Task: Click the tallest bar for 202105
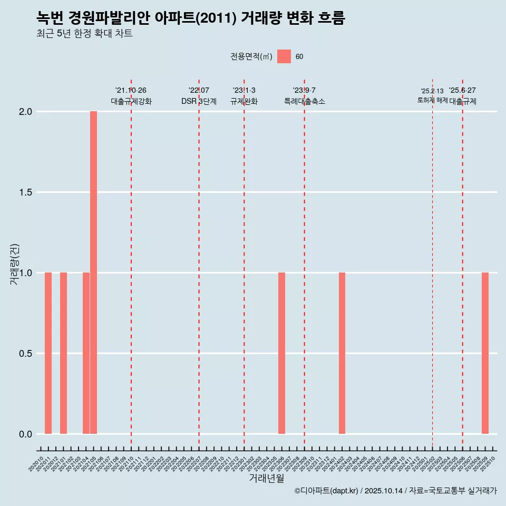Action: (93, 273)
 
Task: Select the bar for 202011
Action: (48, 353)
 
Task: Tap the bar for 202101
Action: (63, 353)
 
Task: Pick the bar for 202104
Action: (86, 353)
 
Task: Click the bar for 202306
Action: (281, 353)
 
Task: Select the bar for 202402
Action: (342, 353)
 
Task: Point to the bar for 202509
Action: (485, 353)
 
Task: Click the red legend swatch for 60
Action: (284, 56)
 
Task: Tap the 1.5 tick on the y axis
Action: (25, 192)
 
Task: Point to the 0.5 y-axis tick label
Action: (25, 354)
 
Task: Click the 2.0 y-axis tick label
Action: (25, 112)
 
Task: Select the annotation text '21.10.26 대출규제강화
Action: (131, 96)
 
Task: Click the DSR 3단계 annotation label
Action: (199, 101)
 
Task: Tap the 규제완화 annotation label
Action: (244, 101)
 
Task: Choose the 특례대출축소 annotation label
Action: (304, 101)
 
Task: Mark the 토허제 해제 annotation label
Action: (432, 100)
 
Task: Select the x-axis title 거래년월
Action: (266, 478)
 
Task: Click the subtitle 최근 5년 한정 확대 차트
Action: (84, 34)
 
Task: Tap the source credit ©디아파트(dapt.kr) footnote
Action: (395, 491)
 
